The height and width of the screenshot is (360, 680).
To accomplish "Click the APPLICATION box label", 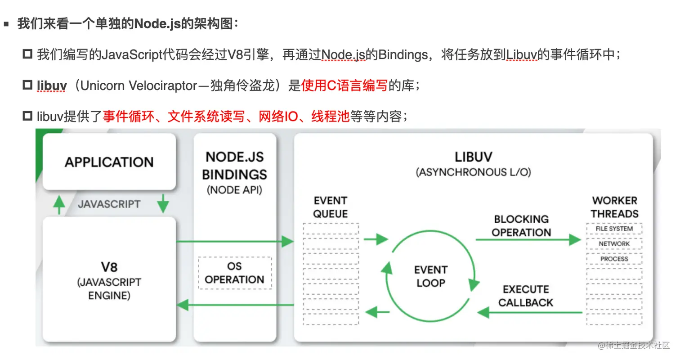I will click(109, 162).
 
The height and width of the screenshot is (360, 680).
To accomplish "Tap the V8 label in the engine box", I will click(109, 267).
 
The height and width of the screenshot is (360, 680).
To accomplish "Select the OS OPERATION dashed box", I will click(234, 273).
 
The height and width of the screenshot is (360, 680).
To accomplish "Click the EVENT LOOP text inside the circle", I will click(430, 276).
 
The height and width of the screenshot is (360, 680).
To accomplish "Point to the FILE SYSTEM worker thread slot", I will click(614, 229).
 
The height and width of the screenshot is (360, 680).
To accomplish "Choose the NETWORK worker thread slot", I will click(614, 244).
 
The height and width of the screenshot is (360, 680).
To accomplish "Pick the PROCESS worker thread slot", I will click(614, 259).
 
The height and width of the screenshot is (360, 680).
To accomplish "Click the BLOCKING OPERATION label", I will click(521, 226).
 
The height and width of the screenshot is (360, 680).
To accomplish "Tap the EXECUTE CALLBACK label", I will click(526, 296).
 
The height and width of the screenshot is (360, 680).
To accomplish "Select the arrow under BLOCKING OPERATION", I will click(528, 240).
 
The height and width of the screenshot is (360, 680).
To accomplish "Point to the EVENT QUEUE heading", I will click(331, 207).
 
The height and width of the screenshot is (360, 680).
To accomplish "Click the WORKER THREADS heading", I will click(614, 207).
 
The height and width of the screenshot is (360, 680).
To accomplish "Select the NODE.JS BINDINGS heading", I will click(234, 165).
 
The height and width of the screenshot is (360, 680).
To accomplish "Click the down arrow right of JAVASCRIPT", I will click(163, 204).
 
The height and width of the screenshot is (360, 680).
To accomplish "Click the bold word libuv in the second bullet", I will click(52, 85).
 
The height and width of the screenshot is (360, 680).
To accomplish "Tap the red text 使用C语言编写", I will click(344, 85).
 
